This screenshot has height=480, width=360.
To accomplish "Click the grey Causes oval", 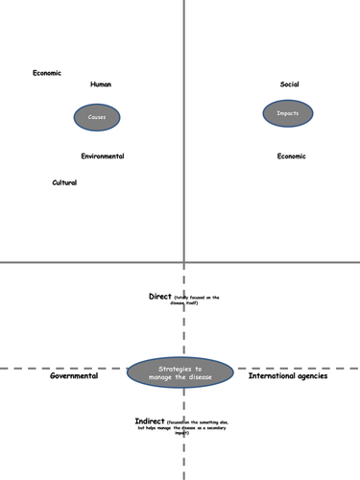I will point(97,117).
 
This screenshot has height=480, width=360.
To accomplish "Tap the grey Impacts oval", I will point(288,113).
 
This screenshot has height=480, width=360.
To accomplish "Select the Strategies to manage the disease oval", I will point(180,373).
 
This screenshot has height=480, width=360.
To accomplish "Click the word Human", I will point(101,84).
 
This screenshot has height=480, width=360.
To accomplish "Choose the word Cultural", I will point(64,182).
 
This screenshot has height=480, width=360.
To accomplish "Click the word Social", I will point(290,84).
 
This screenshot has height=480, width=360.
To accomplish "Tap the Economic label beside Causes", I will point(47,73).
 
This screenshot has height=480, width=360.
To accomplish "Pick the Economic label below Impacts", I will point(292,156).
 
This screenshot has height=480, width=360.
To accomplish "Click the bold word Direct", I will point(160,297).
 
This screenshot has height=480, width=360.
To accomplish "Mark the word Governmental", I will point(74,376).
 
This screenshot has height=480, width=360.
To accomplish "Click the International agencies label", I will point(288,376).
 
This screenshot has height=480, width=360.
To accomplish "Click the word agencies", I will point(310,376).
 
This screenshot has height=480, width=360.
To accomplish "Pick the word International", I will point(271,376).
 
